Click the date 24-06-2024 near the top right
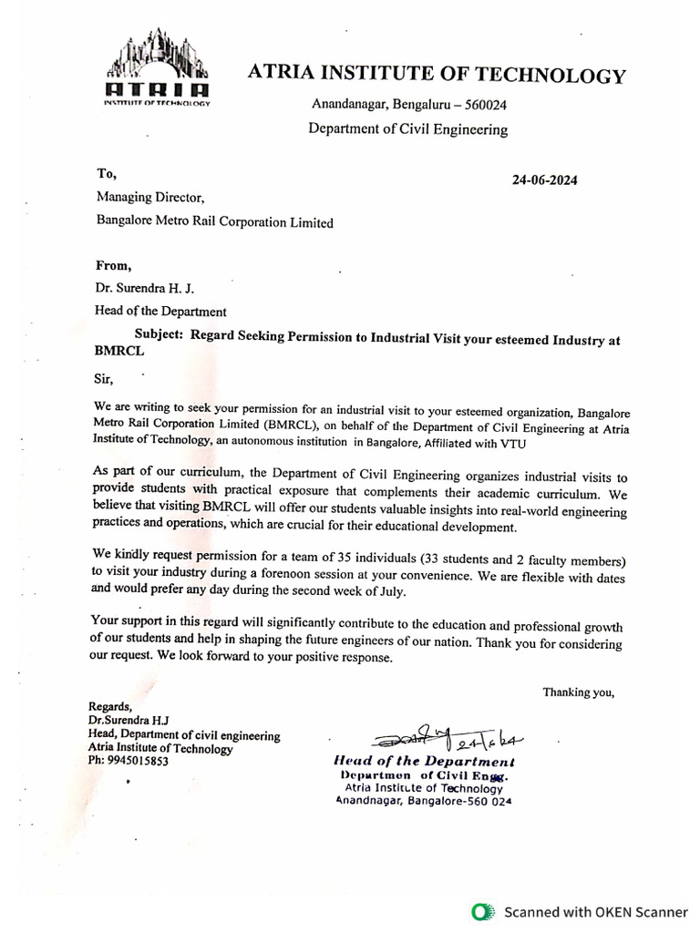[544, 179]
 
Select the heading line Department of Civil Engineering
[407, 129]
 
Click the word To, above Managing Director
[106, 172]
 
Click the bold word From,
[114, 265]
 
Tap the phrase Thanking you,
[579, 692]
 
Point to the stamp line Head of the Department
[424, 761]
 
